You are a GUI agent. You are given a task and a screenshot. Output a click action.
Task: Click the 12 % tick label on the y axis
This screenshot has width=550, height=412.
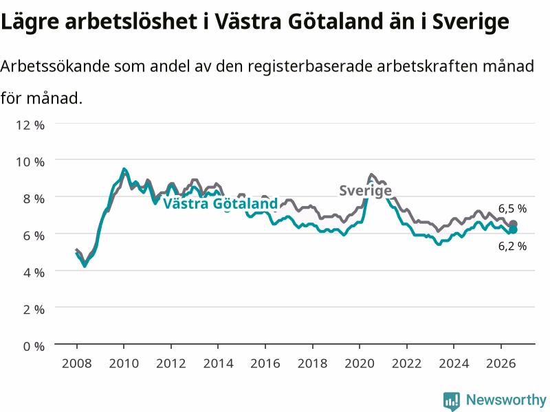pyautogui.click(x=30, y=125)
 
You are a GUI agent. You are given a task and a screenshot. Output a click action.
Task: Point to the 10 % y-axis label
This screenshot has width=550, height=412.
pyautogui.click(x=30, y=162)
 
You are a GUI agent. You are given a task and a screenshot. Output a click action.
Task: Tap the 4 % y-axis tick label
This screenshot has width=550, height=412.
pyautogui.click(x=34, y=273)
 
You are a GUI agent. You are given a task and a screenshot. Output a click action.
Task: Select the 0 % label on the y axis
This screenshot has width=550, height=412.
pyautogui.click(x=34, y=347)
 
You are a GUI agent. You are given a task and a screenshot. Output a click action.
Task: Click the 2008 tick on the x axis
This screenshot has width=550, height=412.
pyautogui.click(x=77, y=363)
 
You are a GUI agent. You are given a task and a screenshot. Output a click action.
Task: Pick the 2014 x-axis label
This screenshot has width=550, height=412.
pyautogui.click(x=218, y=363)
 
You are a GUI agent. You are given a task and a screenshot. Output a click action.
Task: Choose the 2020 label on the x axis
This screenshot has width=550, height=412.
pyautogui.click(x=360, y=363)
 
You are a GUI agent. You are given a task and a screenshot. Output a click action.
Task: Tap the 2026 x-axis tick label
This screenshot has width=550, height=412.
pyautogui.click(x=501, y=363)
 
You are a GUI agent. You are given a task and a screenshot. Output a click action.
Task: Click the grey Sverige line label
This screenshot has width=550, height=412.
pyautogui.click(x=366, y=191)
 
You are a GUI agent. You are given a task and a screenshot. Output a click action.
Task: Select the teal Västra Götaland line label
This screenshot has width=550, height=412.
pyautogui.click(x=221, y=203)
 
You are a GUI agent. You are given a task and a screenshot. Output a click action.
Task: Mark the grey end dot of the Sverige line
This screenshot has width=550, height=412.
pyautogui.click(x=513, y=224)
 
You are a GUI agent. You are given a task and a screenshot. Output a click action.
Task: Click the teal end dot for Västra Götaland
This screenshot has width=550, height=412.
pyautogui.click(x=513, y=230)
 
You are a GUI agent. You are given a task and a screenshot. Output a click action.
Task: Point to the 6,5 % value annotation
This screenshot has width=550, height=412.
pyautogui.click(x=512, y=209)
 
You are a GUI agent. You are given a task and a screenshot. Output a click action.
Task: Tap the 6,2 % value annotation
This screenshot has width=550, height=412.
pyautogui.click(x=512, y=247)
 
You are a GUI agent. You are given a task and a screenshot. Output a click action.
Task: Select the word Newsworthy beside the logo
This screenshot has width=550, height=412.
pyautogui.click(x=506, y=400)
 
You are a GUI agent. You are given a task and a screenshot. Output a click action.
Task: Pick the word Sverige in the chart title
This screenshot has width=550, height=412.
pyautogui.click(x=470, y=22)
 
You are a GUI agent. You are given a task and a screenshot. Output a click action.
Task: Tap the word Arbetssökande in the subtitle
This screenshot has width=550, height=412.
pyautogui.click(x=55, y=66)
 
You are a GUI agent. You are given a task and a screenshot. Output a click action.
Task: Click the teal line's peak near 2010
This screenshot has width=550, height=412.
pyautogui.click(x=124, y=169)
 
